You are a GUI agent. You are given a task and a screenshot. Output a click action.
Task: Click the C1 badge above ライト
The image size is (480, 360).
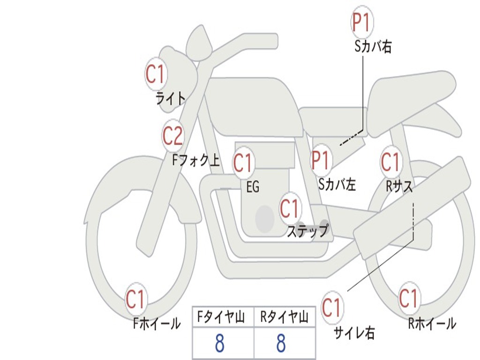pyautogui.click(x=156, y=74)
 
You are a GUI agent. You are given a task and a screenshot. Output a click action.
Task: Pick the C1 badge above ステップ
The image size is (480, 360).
pyautogui.click(x=290, y=208)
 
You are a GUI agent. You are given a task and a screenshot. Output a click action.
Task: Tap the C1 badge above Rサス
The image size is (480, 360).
pyautogui.click(x=390, y=162)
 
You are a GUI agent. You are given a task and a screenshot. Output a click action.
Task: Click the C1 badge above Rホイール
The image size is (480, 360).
pyautogui.click(x=408, y=299)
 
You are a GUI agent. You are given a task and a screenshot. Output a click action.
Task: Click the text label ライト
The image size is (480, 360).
pyautogui.click(x=171, y=98)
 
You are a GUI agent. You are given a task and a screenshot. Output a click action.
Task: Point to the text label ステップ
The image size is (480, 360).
pyautogui.click(x=308, y=231)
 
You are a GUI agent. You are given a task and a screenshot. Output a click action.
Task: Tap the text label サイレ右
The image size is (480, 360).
pyautogui.click(x=354, y=333)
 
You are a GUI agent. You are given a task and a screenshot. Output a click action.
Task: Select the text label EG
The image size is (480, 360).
pyautogui.click(x=253, y=187)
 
